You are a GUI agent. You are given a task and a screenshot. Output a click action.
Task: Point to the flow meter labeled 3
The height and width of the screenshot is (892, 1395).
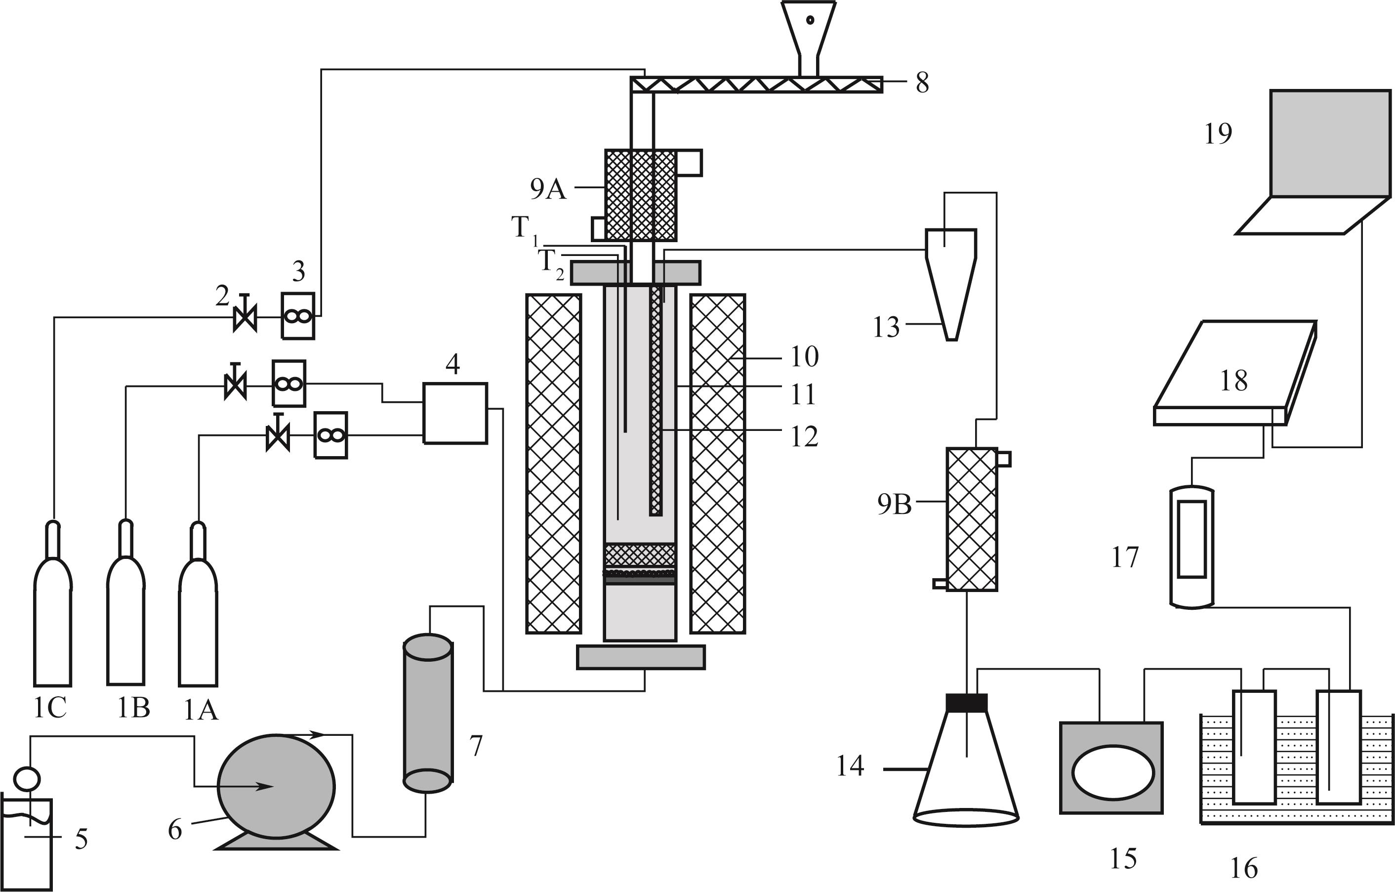pos(298,315)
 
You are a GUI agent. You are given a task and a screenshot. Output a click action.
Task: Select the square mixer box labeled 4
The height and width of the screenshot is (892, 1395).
pos(455,413)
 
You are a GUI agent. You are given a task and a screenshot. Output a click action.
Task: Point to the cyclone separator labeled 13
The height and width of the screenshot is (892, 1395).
pos(950,284)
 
